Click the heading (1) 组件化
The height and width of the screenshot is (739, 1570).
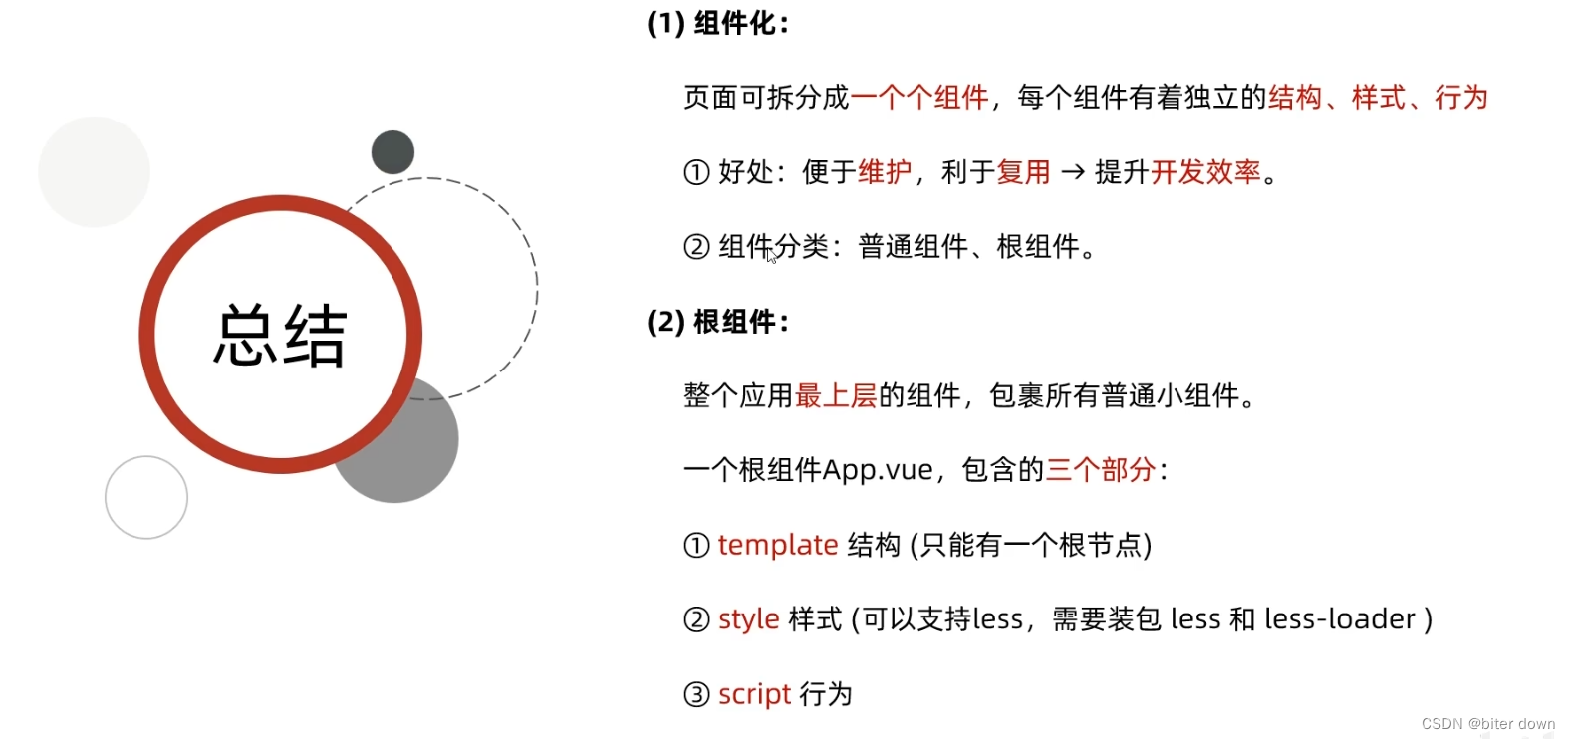click(x=717, y=24)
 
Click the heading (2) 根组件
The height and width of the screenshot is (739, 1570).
click(x=717, y=322)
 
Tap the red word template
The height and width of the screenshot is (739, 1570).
click(x=777, y=545)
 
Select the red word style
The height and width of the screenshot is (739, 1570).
click(x=748, y=619)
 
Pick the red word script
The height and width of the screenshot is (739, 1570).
click(x=754, y=694)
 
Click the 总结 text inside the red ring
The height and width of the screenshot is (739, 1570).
click(x=280, y=336)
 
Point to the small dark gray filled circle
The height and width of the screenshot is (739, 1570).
click(x=392, y=152)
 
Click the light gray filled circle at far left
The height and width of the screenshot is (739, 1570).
click(x=94, y=171)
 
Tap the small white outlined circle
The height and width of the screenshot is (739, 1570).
click(x=146, y=497)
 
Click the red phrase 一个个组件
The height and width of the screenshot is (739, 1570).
click(x=919, y=98)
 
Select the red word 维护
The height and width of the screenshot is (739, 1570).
click(x=885, y=172)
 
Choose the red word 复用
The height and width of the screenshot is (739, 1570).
click(x=1023, y=172)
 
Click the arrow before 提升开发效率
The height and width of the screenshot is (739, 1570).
click(x=1073, y=172)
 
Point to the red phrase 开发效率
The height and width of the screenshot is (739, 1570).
click(x=1205, y=172)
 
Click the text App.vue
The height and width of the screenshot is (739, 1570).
click(x=878, y=470)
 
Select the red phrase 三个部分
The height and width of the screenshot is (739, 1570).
click(x=1100, y=470)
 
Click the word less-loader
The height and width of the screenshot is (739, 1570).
click(x=1339, y=619)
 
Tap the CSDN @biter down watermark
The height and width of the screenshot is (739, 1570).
click(x=1487, y=724)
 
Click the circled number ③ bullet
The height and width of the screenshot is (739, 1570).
click(x=696, y=694)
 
